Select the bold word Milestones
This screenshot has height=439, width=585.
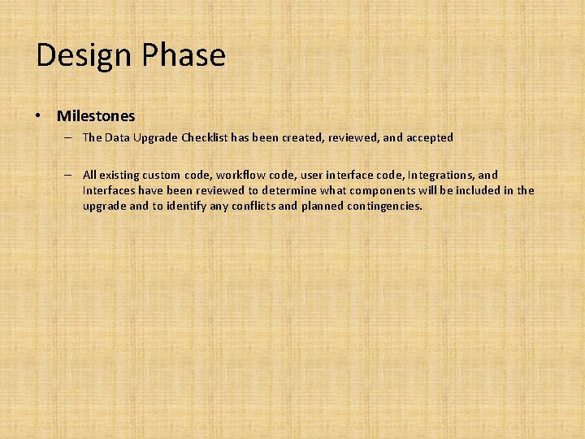(96, 116)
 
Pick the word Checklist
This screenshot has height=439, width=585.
(204, 137)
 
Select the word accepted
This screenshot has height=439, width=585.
(429, 137)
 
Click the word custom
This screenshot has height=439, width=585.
(162, 175)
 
